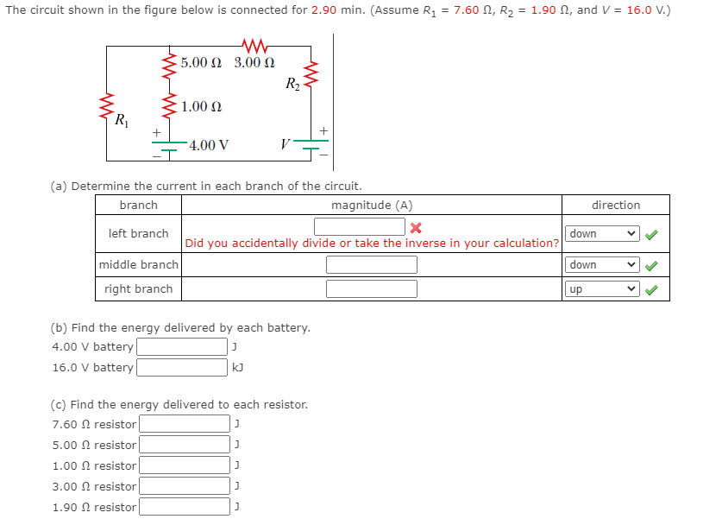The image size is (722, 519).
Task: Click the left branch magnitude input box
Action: [x=360, y=227]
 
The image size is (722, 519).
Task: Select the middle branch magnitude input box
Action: [x=371, y=265]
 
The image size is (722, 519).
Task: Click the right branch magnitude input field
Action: [x=371, y=289]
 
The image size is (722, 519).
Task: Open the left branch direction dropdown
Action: [x=603, y=234]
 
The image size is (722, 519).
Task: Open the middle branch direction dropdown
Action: [x=603, y=265]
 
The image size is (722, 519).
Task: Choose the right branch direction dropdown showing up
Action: [x=603, y=289]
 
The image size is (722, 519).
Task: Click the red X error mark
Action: [x=416, y=228]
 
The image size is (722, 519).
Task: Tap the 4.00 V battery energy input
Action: [x=181, y=347]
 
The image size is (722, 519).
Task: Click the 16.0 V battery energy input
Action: [x=181, y=368]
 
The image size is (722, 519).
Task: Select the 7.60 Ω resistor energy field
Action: [x=185, y=424]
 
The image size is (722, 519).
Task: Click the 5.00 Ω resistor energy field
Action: [x=185, y=445]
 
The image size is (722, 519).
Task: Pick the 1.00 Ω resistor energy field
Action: [x=185, y=465]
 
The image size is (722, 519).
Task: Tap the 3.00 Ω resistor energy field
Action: [x=185, y=486]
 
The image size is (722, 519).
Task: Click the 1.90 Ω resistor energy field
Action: [x=185, y=507]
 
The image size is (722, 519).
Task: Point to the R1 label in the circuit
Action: [x=123, y=120]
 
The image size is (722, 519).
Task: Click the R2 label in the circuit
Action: [x=292, y=84]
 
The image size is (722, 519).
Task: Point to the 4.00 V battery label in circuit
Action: [x=209, y=145]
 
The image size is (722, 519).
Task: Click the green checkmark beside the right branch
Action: [x=653, y=289]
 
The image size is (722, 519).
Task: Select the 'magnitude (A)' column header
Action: [x=372, y=206]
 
